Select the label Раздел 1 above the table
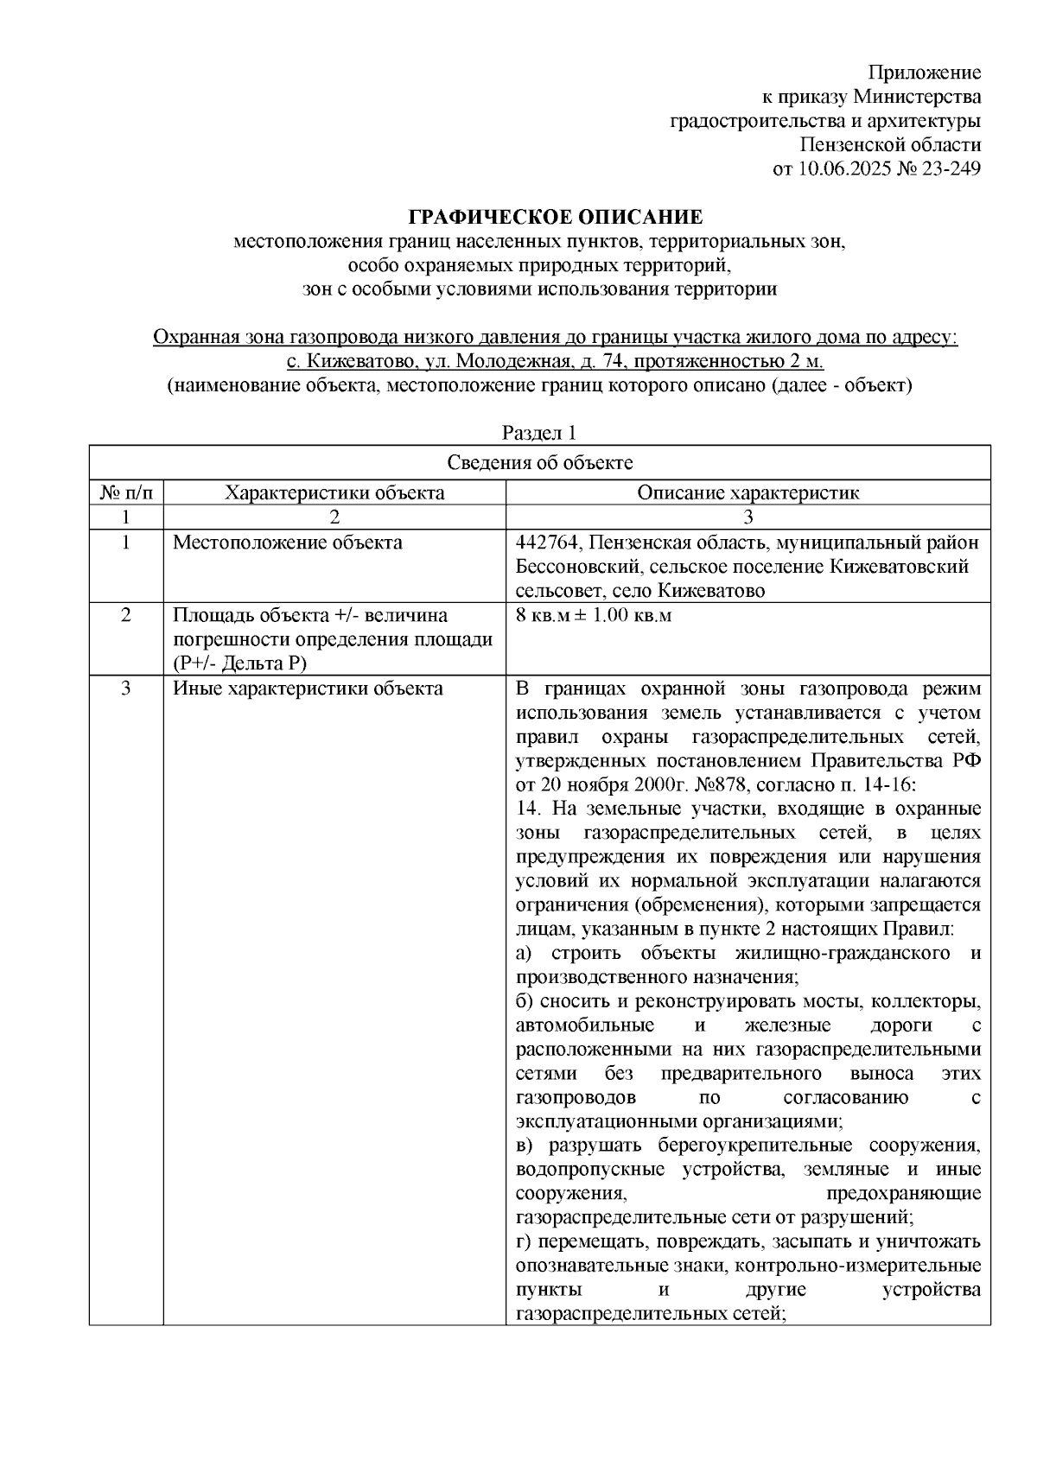click(539, 433)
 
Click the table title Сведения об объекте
click(539, 463)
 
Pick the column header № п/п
click(126, 493)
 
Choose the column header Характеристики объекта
click(334, 493)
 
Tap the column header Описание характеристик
click(748, 493)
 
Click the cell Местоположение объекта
click(288, 543)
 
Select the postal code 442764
click(549, 543)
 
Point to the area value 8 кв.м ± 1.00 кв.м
click(593, 616)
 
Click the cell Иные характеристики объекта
click(309, 689)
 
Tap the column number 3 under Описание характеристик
click(748, 517)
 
